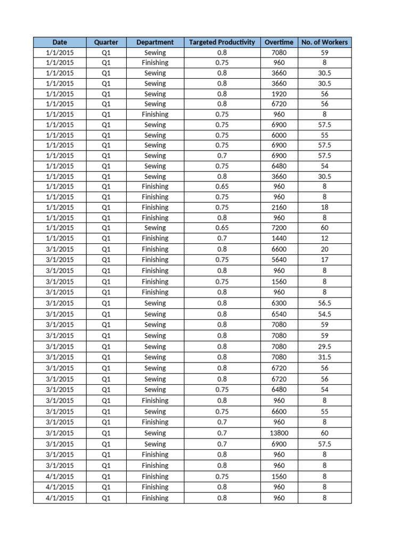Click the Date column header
pos(59,42)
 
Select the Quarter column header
pos(105,42)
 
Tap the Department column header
pos(155,42)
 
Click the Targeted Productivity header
pos(222,42)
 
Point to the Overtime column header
pos(279,42)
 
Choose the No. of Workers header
pos(324,42)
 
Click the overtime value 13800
pos(279,433)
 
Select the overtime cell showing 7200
pos(279,228)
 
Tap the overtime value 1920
pos(279,94)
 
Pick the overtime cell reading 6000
pos(279,135)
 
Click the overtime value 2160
pos(279,207)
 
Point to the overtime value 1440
pos(279,238)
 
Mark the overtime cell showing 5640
pos(279,260)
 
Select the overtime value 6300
pos(279,303)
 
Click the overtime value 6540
pos(279,314)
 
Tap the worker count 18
pos(324,207)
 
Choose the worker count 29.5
pos(324,346)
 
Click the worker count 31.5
pos(324,357)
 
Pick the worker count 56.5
pos(324,303)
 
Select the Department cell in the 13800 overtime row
pos(155,433)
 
